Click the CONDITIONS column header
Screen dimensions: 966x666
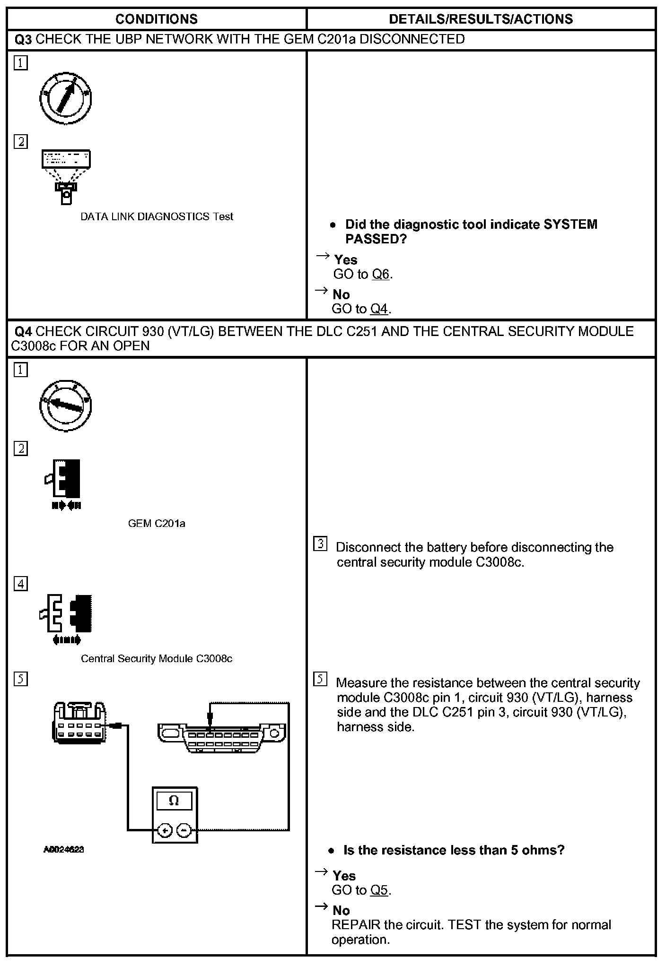coord(156,19)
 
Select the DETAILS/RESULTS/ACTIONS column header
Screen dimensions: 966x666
coord(481,19)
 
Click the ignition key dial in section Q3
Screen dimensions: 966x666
coord(65,99)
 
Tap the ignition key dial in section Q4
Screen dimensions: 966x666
coord(65,405)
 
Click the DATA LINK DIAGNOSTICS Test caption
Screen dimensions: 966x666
coord(157,216)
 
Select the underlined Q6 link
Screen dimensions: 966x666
coord(381,274)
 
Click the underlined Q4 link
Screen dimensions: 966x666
coord(379,309)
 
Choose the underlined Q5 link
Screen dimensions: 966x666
coord(379,890)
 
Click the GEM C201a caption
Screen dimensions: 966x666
coord(157,523)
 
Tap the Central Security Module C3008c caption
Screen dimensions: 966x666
coord(157,658)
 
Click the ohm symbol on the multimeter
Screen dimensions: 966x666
coord(174,801)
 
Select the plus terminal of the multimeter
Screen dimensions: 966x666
coord(164,830)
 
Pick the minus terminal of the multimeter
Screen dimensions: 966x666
coord(184,830)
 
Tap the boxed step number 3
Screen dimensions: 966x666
coord(320,544)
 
